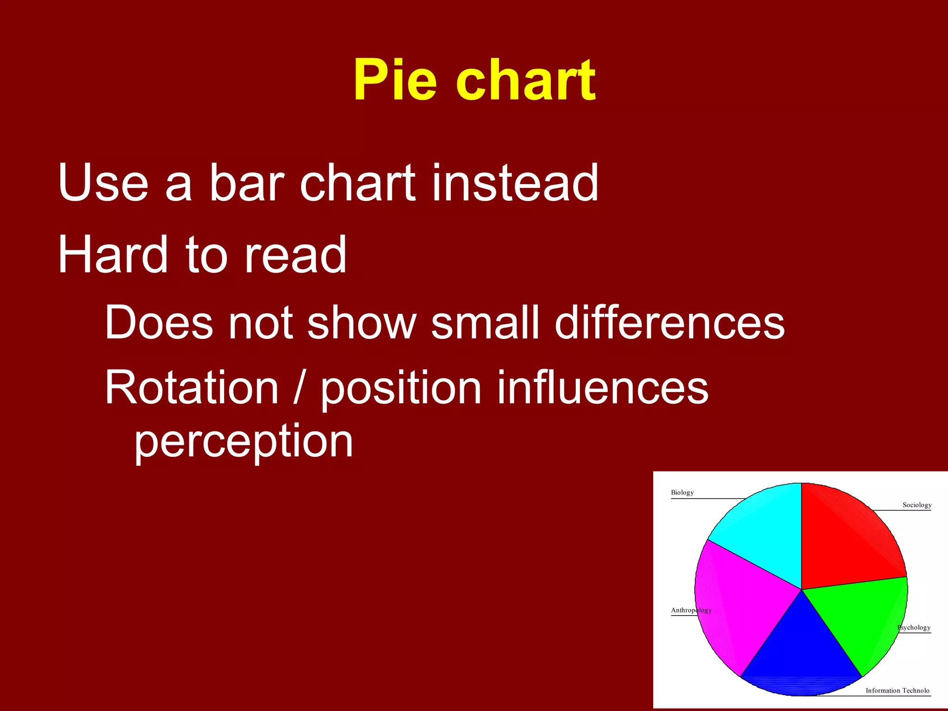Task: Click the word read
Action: click(295, 255)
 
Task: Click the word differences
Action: click(669, 323)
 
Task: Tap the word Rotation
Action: click(191, 387)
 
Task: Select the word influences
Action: click(602, 387)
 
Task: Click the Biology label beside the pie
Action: click(682, 493)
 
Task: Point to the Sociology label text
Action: click(917, 505)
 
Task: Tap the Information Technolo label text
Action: click(897, 691)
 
